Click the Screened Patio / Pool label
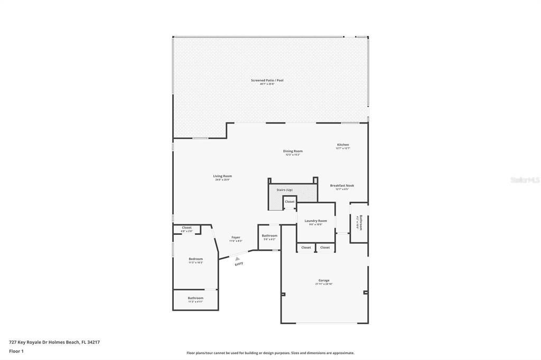coord(267,80)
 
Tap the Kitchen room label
coord(343,145)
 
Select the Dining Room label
coord(293,151)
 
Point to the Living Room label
coord(222,176)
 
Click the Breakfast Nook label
coord(342,186)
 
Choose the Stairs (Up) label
coord(285,190)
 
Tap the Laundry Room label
coord(315,221)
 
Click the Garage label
coord(323,281)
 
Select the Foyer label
coord(236,238)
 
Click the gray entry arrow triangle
coord(238,258)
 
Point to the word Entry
coord(239,263)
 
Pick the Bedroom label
coord(195,259)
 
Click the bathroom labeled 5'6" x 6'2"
coord(269,236)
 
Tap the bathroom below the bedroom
coord(195,298)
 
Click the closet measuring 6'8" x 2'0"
coord(186,228)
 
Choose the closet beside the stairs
coord(290,202)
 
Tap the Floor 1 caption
coord(16,351)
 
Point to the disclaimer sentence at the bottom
coord(270,353)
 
